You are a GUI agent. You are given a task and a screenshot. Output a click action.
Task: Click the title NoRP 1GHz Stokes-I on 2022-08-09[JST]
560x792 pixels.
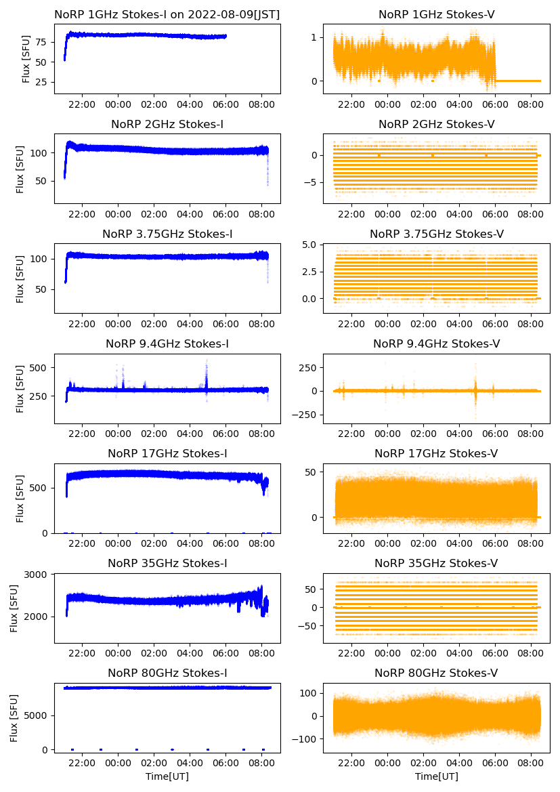[x=167, y=14]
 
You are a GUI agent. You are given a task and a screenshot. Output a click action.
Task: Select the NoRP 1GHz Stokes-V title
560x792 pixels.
[x=436, y=14]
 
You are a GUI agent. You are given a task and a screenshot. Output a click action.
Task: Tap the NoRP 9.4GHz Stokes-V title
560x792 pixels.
[x=436, y=344]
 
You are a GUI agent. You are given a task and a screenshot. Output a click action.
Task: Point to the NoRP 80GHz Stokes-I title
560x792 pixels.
[x=167, y=673]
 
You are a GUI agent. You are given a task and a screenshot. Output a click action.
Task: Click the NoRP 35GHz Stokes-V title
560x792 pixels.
[x=436, y=564]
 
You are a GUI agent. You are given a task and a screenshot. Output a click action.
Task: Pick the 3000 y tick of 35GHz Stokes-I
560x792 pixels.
[x=38, y=575]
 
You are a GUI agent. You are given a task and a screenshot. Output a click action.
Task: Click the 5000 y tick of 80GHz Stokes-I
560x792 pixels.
[x=38, y=715]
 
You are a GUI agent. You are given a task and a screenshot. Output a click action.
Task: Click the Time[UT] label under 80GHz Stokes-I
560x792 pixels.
[x=167, y=776]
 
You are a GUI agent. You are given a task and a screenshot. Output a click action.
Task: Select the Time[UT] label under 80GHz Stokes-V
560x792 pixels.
[x=436, y=776]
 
